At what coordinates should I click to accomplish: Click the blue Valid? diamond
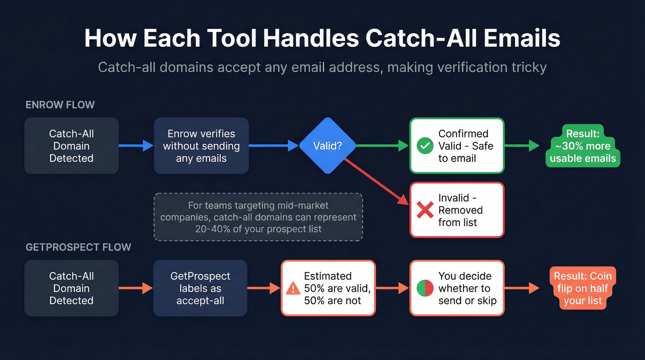(328, 146)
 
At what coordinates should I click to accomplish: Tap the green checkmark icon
(424, 146)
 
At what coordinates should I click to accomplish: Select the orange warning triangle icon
(293, 289)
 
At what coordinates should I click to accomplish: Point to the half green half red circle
(424, 289)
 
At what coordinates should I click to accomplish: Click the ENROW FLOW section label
(60, 105)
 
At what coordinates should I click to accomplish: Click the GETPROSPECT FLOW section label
(78, 247)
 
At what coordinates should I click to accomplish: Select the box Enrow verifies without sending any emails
(201, 146)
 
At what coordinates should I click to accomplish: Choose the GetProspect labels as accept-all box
(200, 288)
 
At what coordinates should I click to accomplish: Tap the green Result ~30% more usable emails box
(583, 146)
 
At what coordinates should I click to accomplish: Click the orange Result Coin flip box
(583, 289)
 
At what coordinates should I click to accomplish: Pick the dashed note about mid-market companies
(258, 217)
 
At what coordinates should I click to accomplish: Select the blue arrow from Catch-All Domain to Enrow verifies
(136, 146)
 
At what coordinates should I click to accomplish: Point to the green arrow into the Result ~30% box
(522, 146)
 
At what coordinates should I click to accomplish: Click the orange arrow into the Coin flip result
(522, 289)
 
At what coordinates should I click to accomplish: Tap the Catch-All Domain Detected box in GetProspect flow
(71, 288)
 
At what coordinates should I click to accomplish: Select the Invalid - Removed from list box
(457, 210)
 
